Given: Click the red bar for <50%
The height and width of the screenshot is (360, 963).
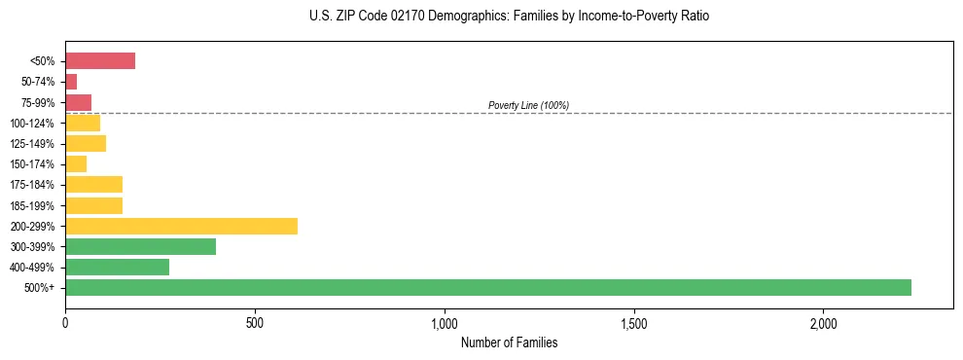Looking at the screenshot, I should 100,61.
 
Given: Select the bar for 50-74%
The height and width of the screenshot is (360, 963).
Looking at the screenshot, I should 71,82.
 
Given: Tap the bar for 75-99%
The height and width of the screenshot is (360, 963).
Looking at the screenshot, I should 78,102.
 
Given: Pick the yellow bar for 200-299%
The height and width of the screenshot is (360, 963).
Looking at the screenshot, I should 181,226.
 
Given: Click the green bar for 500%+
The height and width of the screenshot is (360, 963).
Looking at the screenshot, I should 487,287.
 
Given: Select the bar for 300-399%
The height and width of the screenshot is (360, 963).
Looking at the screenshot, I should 140,246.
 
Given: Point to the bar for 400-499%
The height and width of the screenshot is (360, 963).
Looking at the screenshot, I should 117,267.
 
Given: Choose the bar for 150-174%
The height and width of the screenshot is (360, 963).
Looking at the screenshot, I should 76,164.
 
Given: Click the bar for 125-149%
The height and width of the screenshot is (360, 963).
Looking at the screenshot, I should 86,144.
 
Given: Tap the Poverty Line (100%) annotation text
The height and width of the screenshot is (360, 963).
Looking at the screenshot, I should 528,105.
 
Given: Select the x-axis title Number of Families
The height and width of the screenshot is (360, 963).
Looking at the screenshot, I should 509,342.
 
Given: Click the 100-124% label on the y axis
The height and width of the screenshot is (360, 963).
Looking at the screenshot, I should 32,124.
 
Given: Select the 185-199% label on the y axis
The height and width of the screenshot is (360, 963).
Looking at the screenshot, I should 32,206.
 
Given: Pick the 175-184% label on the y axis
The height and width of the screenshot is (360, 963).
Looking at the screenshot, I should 32,185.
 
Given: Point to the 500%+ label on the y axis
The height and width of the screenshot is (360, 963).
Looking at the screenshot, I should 39,288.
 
